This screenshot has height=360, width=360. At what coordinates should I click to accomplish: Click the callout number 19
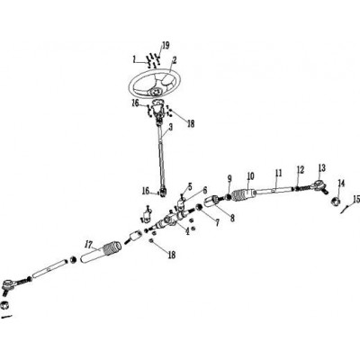[x=166, y=46]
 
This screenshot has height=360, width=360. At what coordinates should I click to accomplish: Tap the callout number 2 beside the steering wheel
[x=175, y=60]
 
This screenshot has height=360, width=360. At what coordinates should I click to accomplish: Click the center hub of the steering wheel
[x=156, y=91]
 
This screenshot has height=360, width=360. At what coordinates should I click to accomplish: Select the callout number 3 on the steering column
[x=171, y=128]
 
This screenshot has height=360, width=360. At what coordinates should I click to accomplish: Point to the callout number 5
[x=190, y=187]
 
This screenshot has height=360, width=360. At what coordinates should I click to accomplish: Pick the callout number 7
[x=216, y=222]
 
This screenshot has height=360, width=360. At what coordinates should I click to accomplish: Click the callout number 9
[x=229, y=179]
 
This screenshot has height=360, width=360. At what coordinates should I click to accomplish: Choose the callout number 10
[x=251, y=175]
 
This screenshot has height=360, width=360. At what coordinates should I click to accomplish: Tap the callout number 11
[x=279, y=173]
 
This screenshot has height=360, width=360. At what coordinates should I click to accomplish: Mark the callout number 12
[x=301, y=170]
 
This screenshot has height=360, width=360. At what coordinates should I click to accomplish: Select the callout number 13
[x=322, y=168]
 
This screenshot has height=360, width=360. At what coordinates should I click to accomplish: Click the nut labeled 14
[x=336, y=201]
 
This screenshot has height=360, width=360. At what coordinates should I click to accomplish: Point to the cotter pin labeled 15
[x=346, y=209]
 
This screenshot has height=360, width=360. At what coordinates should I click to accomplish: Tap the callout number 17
[x=88, y=245]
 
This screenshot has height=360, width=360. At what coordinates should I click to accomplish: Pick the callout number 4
[x=187, y=231]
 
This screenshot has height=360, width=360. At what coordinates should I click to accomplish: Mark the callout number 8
[x=232, y=218]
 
